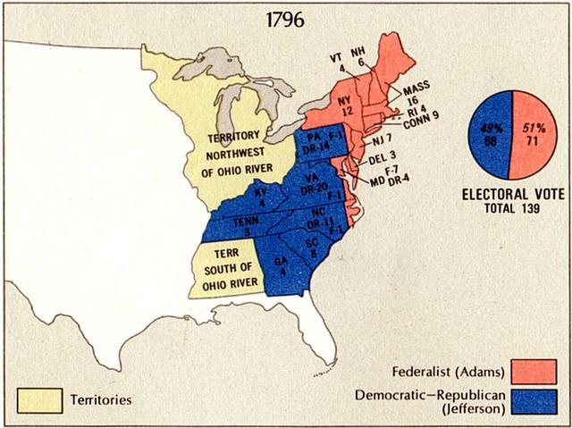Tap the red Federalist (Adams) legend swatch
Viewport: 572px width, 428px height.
[534, 370]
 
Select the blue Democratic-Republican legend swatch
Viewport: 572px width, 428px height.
[534, 401]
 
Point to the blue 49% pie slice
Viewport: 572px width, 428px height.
[488, 133]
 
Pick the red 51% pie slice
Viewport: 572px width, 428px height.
[533, 133]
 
